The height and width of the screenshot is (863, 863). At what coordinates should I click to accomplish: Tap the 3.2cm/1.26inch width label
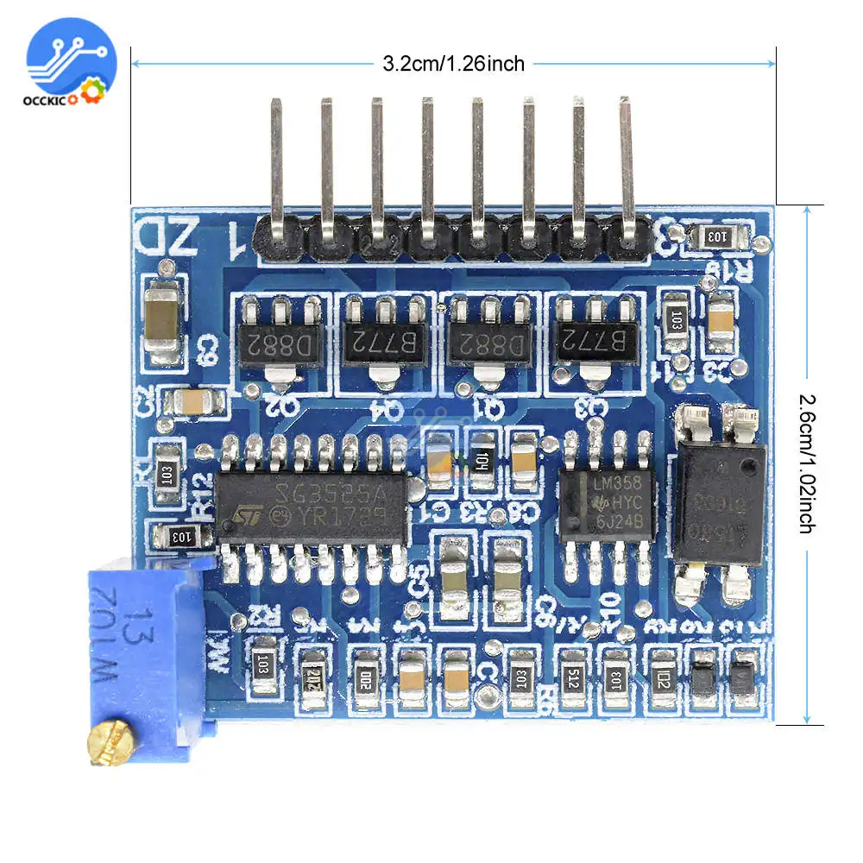453,63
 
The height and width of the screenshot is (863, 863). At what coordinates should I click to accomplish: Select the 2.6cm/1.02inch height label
806,463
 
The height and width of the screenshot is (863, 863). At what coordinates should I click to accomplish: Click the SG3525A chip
311,507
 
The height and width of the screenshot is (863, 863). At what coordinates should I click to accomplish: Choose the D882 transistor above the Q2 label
280,343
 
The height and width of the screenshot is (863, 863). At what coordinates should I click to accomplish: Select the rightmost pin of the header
627,173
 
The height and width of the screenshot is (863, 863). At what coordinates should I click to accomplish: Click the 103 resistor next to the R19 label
717,235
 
